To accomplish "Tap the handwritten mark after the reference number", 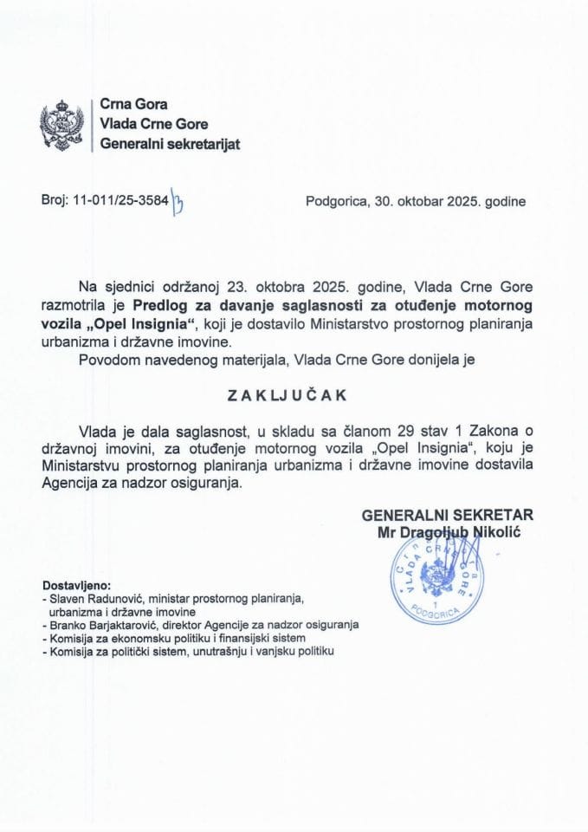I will pyautogui.click(x=179, y=205).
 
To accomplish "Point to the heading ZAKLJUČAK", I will pyautogui.click(x=287, y=393).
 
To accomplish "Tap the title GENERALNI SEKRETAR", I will pyautogui.click(x=448, y=514).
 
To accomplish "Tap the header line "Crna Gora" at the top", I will pyautogui.click(x=133, y=106).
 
